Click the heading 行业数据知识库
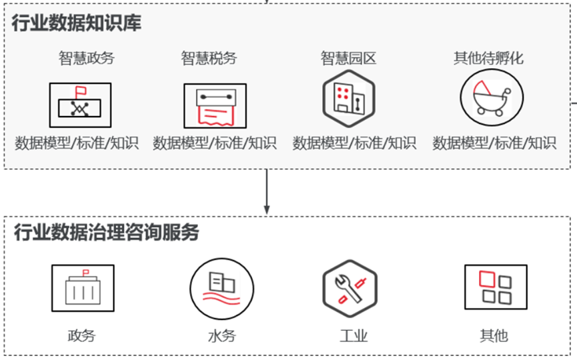coord(77,23)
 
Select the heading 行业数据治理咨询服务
coord(106,232)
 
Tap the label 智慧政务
coord(87,58)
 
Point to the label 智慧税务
coord(209,58)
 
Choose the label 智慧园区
coord(348,58)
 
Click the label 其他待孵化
coord(488,58)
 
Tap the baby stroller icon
coord(492,97)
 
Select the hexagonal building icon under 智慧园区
coord(349,99)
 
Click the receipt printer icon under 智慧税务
coord(215,106)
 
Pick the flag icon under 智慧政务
coord(80,105)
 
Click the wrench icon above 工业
coord(350,289)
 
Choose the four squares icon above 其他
coord(496,287)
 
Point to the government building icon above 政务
coord(83,288)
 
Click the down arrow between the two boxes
coord(267,191)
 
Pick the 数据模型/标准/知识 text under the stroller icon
coord(494,143)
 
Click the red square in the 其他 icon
coord(487,279)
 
